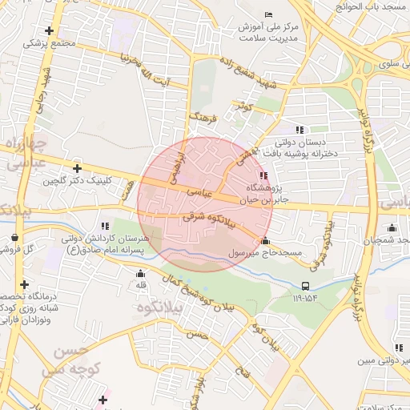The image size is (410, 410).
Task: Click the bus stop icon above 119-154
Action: click(305, 286)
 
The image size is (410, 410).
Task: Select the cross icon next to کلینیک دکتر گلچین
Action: click(77, 168)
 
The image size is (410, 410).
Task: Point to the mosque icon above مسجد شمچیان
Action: click(392, 228)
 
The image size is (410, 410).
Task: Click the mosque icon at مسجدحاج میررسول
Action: click(265, 240)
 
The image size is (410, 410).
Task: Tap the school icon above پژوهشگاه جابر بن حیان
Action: click(263, 175)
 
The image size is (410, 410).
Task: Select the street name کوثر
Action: click(243, 106)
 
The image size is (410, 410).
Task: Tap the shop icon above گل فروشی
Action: click(16, 237)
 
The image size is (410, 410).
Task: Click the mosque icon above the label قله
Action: click(141, 273)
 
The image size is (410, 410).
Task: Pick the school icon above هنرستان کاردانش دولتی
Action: click(104, 226)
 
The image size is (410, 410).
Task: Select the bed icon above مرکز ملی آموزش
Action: click(268, 14)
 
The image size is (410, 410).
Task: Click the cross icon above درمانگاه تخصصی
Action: click(25, 284)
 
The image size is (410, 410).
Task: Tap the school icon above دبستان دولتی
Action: click(299, 130)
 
